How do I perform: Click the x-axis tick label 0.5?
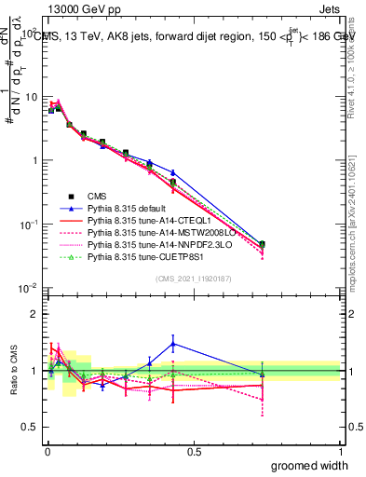tap(194, 452)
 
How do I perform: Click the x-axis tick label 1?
tap(340, 452)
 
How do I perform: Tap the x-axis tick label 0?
tap(47, 452)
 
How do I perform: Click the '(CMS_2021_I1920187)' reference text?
tap(193, 278)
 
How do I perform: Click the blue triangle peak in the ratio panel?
tap(173, 344)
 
